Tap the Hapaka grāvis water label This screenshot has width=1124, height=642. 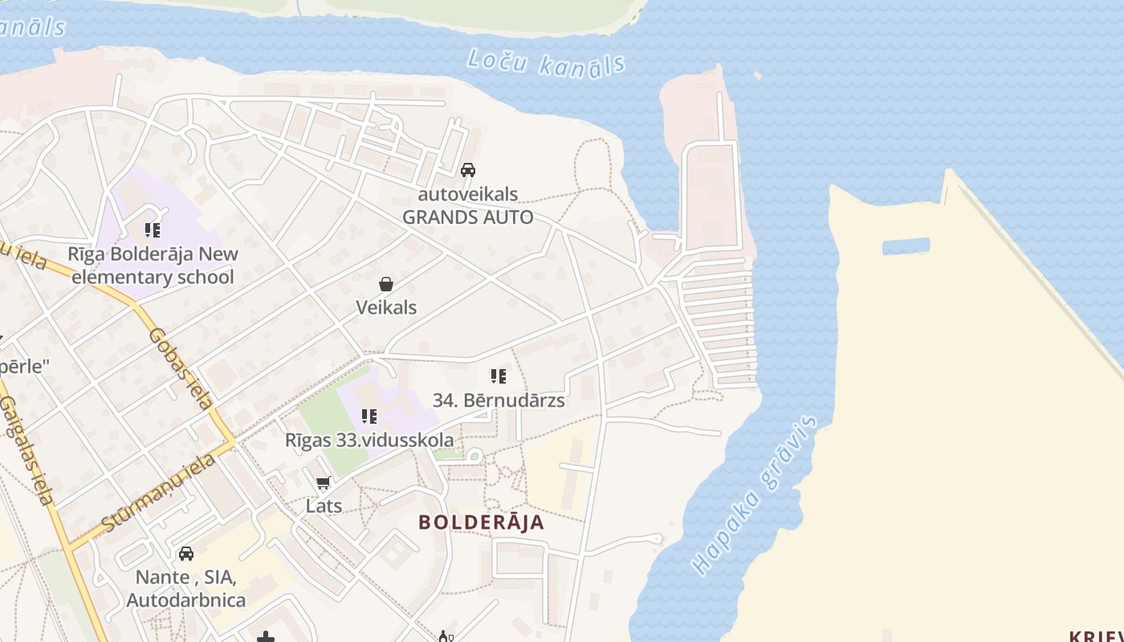click(755, 495)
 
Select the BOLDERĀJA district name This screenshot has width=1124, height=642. click(481, 522)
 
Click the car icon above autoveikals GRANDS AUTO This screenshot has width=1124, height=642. click(468, 170)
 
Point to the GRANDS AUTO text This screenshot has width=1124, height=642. click(467, 217)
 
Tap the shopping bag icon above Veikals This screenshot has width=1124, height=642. click(386, 284)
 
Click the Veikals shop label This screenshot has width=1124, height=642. click(386, 307)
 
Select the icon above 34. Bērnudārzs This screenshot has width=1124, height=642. click(499, 376)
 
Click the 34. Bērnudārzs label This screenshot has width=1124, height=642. click(499, 400)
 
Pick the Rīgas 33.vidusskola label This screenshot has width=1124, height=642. click(369, 440)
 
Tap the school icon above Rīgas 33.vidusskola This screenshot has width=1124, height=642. click(369, 416)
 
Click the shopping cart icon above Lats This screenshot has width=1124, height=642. click(324, 482)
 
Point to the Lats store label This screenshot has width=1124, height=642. click(324, 506)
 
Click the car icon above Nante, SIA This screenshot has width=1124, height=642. click(186, 553)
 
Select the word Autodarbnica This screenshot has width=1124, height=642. click(186, 600)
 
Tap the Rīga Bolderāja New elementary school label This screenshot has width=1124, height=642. click(153, 266)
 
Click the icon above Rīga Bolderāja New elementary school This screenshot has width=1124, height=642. click(153, 231)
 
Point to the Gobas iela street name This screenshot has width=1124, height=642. click(180, 368)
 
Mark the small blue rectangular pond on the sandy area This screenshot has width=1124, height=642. click(906, 246)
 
